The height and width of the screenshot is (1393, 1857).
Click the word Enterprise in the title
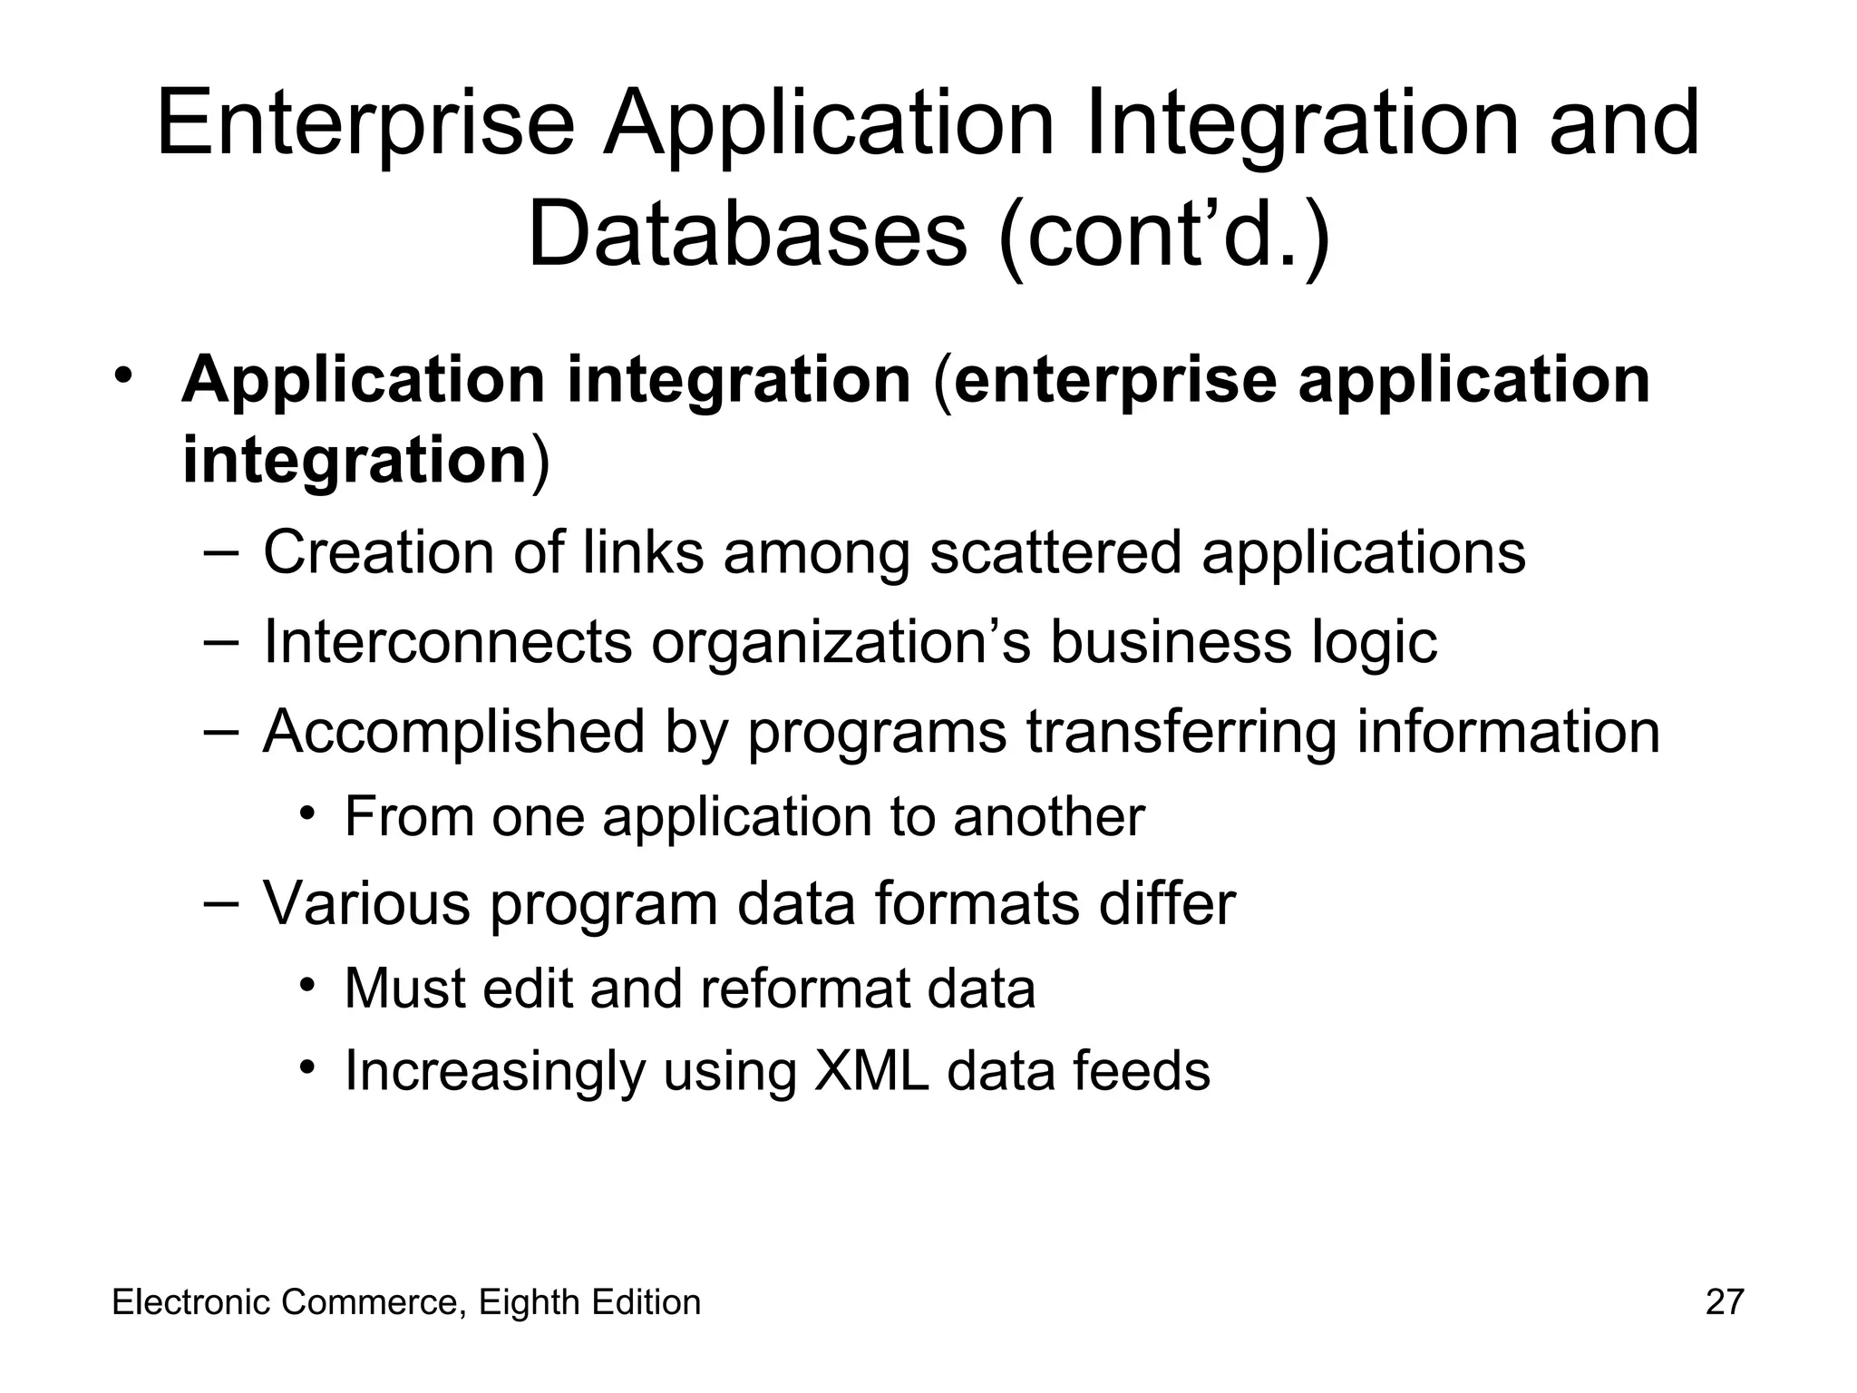pos(365,124)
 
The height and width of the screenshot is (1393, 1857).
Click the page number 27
pos(1724,1302)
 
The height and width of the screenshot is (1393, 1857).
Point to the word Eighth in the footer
pos(530,1302)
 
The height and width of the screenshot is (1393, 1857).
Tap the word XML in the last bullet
pos(871,1070)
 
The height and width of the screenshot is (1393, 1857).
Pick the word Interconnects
pos(447,641)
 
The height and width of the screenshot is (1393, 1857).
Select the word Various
pos(366,903)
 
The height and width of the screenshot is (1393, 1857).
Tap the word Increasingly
pos(493,1072)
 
